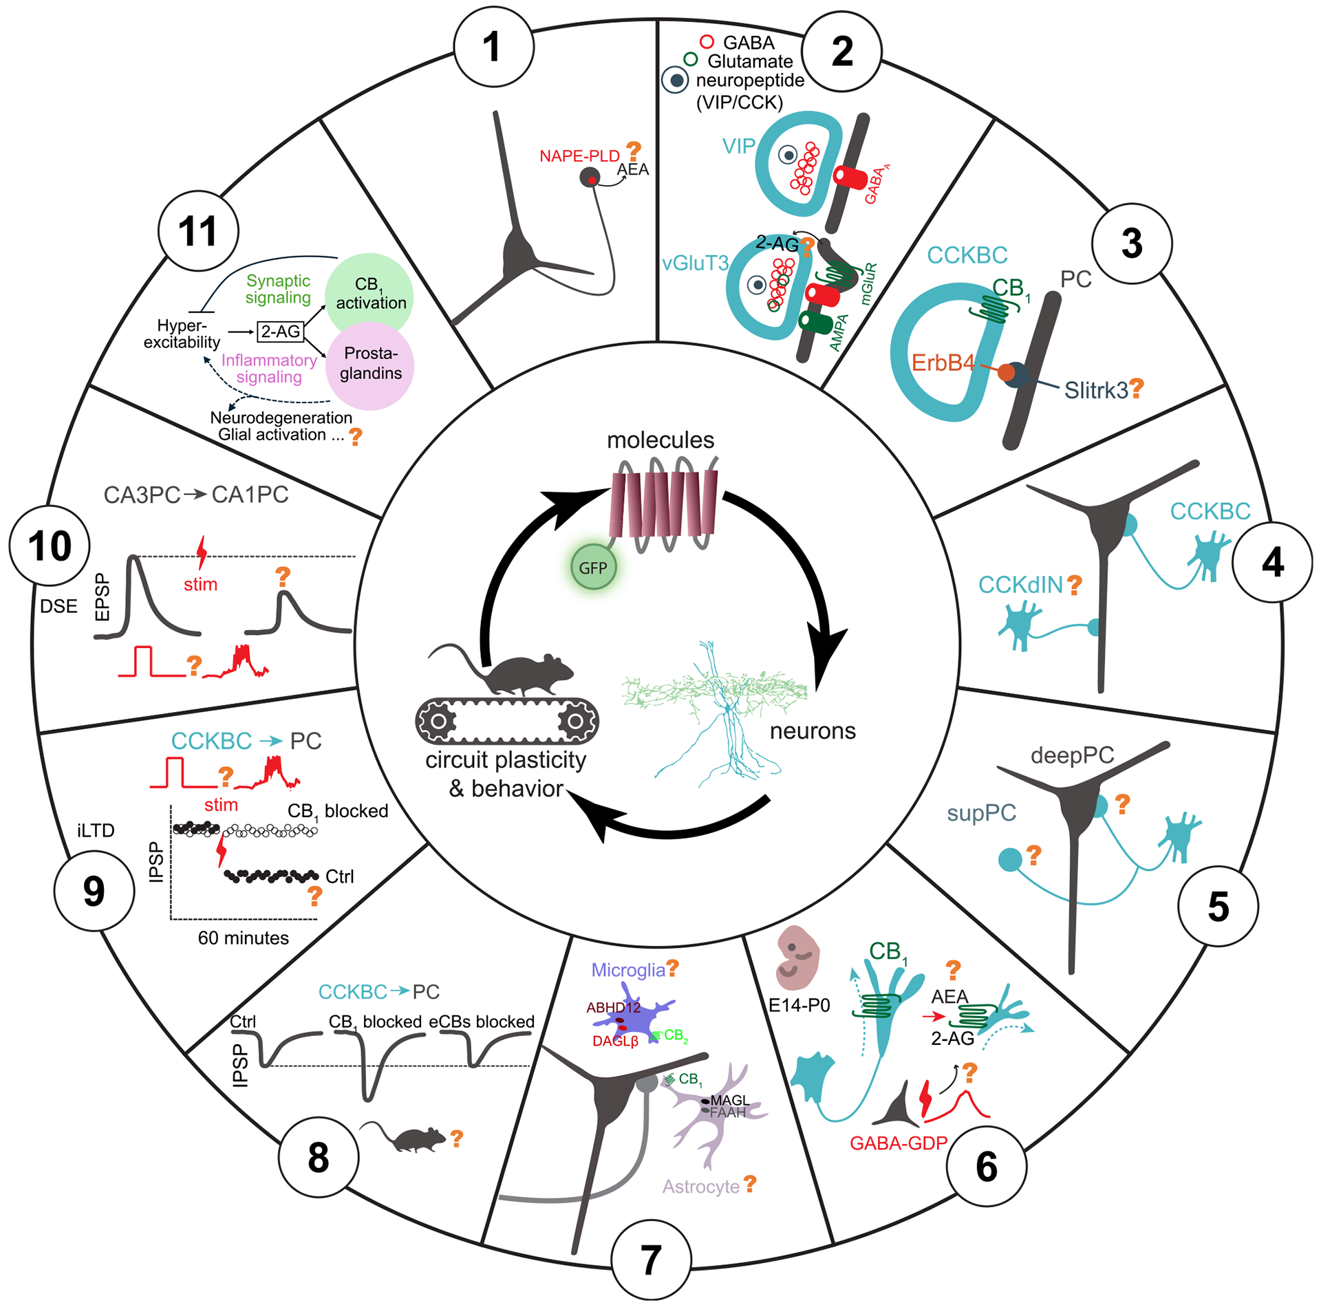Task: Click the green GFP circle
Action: [593, 568]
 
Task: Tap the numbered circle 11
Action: [198, 231]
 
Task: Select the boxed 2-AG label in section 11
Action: [281, 332]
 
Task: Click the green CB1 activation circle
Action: [369, 294]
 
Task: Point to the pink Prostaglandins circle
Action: [370, 365]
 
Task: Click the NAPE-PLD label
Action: [579, 156]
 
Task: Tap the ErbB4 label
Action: [943, 363]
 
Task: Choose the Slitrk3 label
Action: [1095, 391]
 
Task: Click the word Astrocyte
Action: [700, 1186]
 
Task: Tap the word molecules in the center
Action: [660, 440]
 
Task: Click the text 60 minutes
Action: [243, 938]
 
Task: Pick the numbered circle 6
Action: [986, 1166]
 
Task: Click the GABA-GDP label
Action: [898, 1143]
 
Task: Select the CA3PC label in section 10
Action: [142, 495]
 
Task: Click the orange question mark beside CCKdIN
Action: [1074, 585]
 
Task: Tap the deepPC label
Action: [1072, 755]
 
